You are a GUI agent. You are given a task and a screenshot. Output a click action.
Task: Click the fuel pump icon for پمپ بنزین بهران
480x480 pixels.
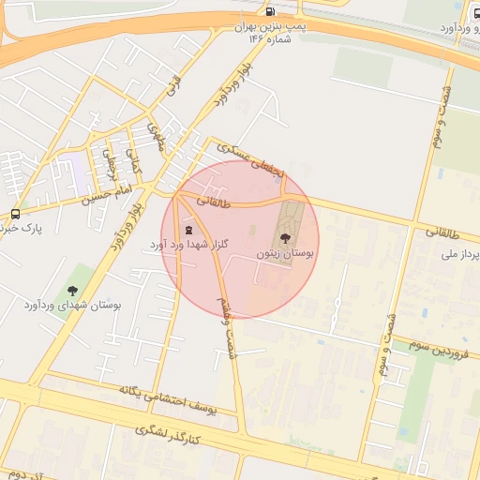point(271,12)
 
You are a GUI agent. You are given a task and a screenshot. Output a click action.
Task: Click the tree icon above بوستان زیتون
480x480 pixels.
point(286,237)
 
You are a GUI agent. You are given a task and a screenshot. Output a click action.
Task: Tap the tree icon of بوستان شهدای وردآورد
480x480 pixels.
point(73,292)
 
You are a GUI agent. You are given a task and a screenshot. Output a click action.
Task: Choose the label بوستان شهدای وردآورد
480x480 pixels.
point(73,307)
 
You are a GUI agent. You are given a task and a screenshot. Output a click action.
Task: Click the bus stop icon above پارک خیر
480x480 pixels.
point(15,214)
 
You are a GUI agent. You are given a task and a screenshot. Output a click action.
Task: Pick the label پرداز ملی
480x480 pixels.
point(459,255)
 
